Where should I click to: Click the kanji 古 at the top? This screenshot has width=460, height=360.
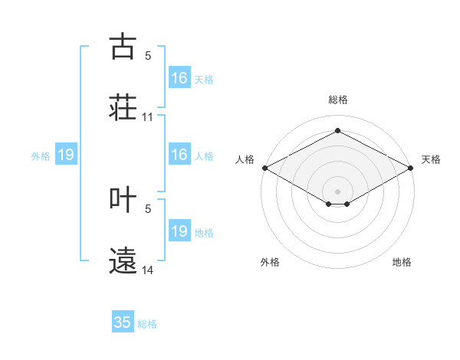tap(123, 46)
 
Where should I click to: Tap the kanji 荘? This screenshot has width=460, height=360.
tap(123, 107)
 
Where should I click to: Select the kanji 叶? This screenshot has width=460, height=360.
tap(123, 199)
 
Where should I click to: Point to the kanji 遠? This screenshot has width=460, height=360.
tap(123, 260)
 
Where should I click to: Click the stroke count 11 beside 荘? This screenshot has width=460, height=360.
tap(147, 117)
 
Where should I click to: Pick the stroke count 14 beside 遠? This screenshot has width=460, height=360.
tap(147, 270)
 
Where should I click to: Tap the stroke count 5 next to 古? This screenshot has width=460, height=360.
tap(148, 56)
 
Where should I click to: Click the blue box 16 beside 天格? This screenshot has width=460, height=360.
tap(179, 77)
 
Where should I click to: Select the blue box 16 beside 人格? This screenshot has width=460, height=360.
tap(179, 154)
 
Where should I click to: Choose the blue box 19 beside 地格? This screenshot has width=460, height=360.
tap(179, 230)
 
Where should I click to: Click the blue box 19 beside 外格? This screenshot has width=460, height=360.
tap(66, 154)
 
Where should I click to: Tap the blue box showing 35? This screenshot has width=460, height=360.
tap(123, 321)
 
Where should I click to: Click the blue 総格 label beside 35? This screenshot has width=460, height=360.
tap(147, 324)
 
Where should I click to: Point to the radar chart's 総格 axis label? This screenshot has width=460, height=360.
tap(338, 100)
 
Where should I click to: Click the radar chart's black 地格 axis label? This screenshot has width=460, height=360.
tap(402, 262)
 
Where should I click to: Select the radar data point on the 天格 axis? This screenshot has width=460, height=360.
tap(411, 168)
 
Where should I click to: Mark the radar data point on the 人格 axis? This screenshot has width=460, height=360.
tap(265, 168)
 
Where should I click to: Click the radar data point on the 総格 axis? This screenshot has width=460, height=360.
tap(337, 130)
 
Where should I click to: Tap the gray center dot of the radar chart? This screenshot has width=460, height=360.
tap(337, 191)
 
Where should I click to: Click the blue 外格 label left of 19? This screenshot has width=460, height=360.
tap(41, 156)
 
